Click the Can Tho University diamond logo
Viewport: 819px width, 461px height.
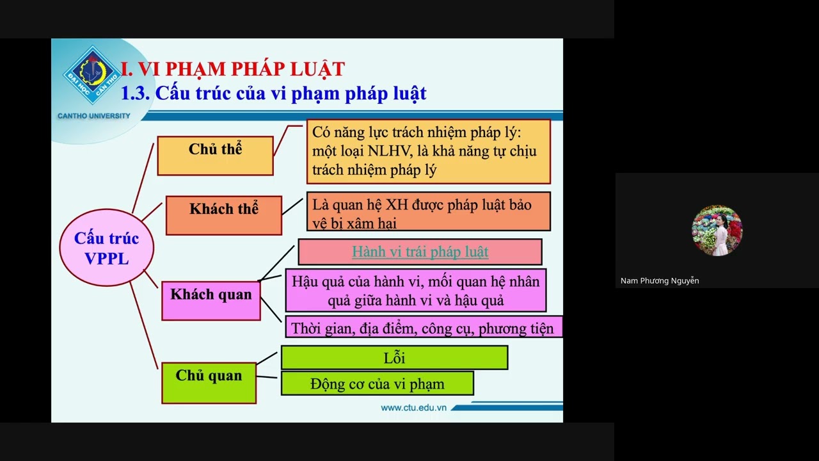point(92,75)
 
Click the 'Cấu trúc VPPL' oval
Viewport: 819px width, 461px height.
point(106,248)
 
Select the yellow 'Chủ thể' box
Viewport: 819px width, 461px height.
point(215,155)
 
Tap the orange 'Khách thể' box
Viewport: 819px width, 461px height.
point(223,215)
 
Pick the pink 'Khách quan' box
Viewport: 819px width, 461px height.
point(211,300)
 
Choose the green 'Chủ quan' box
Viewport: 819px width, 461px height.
point(209,382)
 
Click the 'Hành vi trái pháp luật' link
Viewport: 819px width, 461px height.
point(420,252)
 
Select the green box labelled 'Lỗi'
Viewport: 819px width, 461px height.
point(394,357)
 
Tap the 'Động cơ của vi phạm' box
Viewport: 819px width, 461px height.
point(377,384)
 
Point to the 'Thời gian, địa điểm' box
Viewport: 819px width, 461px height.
point(422,328)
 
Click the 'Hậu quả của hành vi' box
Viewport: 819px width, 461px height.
point(415,291)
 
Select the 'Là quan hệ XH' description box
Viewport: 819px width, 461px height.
point(428,211)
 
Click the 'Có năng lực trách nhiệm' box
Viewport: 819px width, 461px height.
point(428,151)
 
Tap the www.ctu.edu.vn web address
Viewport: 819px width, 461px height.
point(413,408)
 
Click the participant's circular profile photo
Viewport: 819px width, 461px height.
point(717,230)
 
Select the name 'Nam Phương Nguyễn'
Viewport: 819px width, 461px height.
point(660,280)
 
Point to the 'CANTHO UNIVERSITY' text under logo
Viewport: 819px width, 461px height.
point(93,116)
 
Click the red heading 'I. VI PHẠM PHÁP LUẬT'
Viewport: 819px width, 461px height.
point(233,69)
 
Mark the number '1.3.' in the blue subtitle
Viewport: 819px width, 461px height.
point(136,93)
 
